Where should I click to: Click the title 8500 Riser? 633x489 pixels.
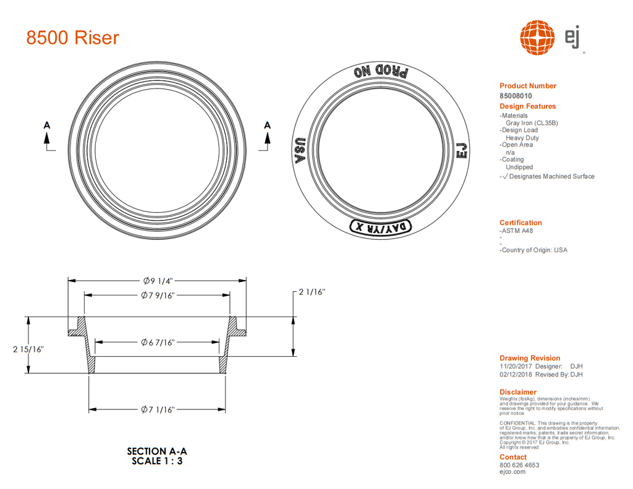72,38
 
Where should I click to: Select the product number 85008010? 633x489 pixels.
516,96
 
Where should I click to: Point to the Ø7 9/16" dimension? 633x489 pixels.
158,296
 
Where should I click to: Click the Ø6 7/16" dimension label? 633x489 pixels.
158,342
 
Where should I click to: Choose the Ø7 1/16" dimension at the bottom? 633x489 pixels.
158,409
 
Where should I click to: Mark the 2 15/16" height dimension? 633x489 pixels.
28,349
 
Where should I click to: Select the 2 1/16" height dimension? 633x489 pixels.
312,292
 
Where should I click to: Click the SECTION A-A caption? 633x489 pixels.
156,451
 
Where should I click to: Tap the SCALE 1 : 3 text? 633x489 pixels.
157,461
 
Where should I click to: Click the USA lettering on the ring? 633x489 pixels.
301,150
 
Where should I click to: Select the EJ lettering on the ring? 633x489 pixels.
461,150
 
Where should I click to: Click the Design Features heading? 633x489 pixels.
527,106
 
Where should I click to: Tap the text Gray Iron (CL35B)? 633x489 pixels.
532,123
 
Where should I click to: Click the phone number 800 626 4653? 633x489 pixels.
519,465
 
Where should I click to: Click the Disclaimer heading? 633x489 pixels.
518,392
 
